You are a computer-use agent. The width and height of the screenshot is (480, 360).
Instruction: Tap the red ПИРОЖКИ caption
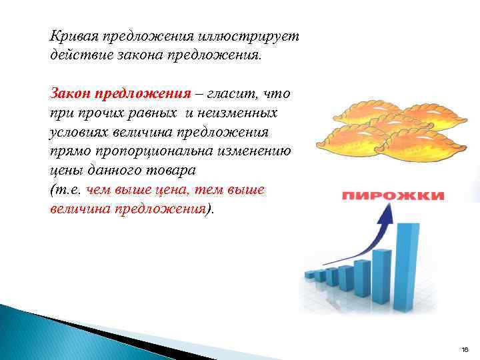[x=393, y=196]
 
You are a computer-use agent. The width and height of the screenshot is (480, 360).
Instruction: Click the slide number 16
[x=465, y=349]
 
